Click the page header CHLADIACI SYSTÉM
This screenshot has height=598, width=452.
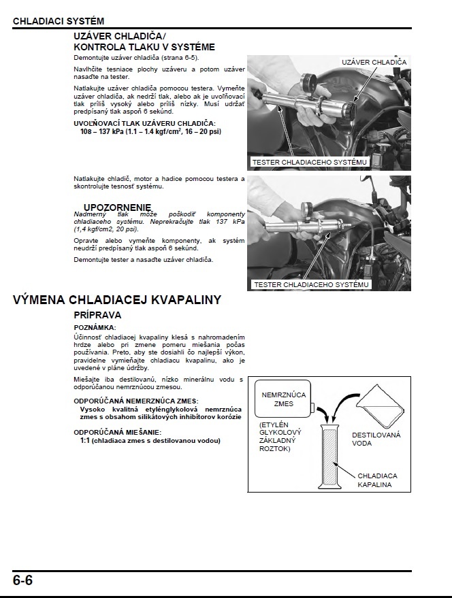pyautogui.click(x=59, y=22)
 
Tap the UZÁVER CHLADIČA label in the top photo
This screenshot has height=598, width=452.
pyautogui.click(x=374, y=62)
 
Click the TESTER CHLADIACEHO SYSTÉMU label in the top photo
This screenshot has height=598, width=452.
pyautogui.click(x=310, y=163)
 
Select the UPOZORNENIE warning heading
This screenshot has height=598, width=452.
pyautogui.click(x=118, y=207)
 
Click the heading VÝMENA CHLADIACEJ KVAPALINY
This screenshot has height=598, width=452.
pyautogui.click(x=116, y=300)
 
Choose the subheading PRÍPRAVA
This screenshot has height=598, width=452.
pyautogui.click(x=97, y=316)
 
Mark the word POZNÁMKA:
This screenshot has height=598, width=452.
pyautogui.click(x=95, y=328)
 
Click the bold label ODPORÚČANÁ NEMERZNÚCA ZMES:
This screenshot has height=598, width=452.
pyautogui.click(x=140, y=401)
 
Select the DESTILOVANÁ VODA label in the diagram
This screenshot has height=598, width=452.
pyautogui.click(x=376, y=438)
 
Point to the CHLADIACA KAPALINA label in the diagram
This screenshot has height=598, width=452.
pyautogui.click(x=377, y=480)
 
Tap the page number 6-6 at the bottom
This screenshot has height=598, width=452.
pyautogui.click(x=22, y=580)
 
